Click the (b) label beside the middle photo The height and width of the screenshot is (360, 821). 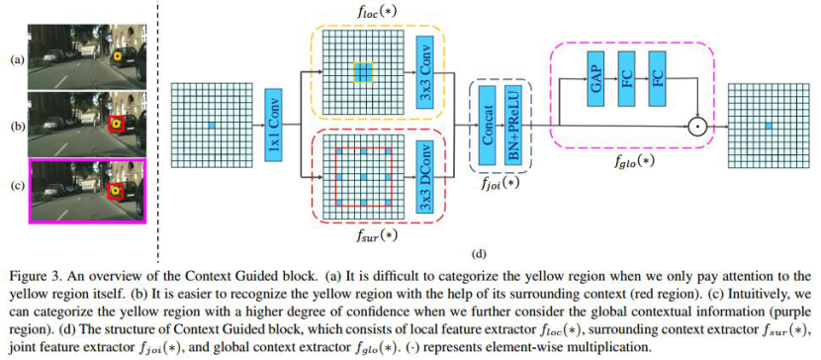tap(15, 127)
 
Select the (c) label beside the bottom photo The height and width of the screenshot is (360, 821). tap(15, 188)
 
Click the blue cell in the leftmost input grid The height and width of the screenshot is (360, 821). tap(212, 125)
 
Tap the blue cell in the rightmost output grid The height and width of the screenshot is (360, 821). tap(768, 125)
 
